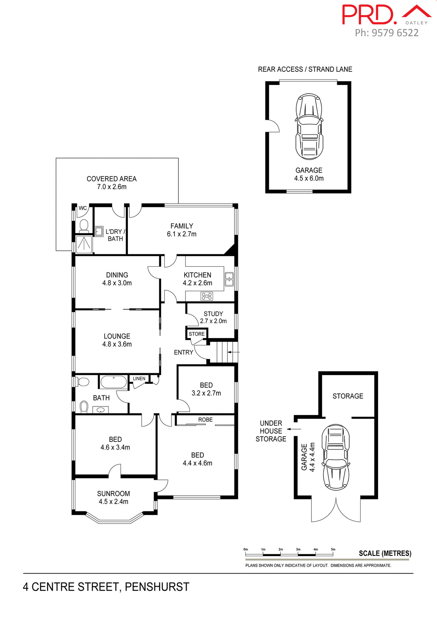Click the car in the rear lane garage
(309, 126)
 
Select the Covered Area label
(111, 179)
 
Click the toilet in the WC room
(84, 226)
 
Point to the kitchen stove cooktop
(207, 296)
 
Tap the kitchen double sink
(229, 279)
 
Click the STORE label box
(196, 334)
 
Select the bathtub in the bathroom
(113, 382)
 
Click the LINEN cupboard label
(139, 379)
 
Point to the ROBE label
(205, 420)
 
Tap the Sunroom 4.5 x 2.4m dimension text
(113, 501)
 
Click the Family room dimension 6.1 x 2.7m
(181, 234)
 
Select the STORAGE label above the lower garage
(348, 396)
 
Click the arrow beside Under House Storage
(294, 429)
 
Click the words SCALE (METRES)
(385, 553)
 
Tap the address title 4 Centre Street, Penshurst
(106, 587)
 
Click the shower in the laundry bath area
(84, 244)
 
